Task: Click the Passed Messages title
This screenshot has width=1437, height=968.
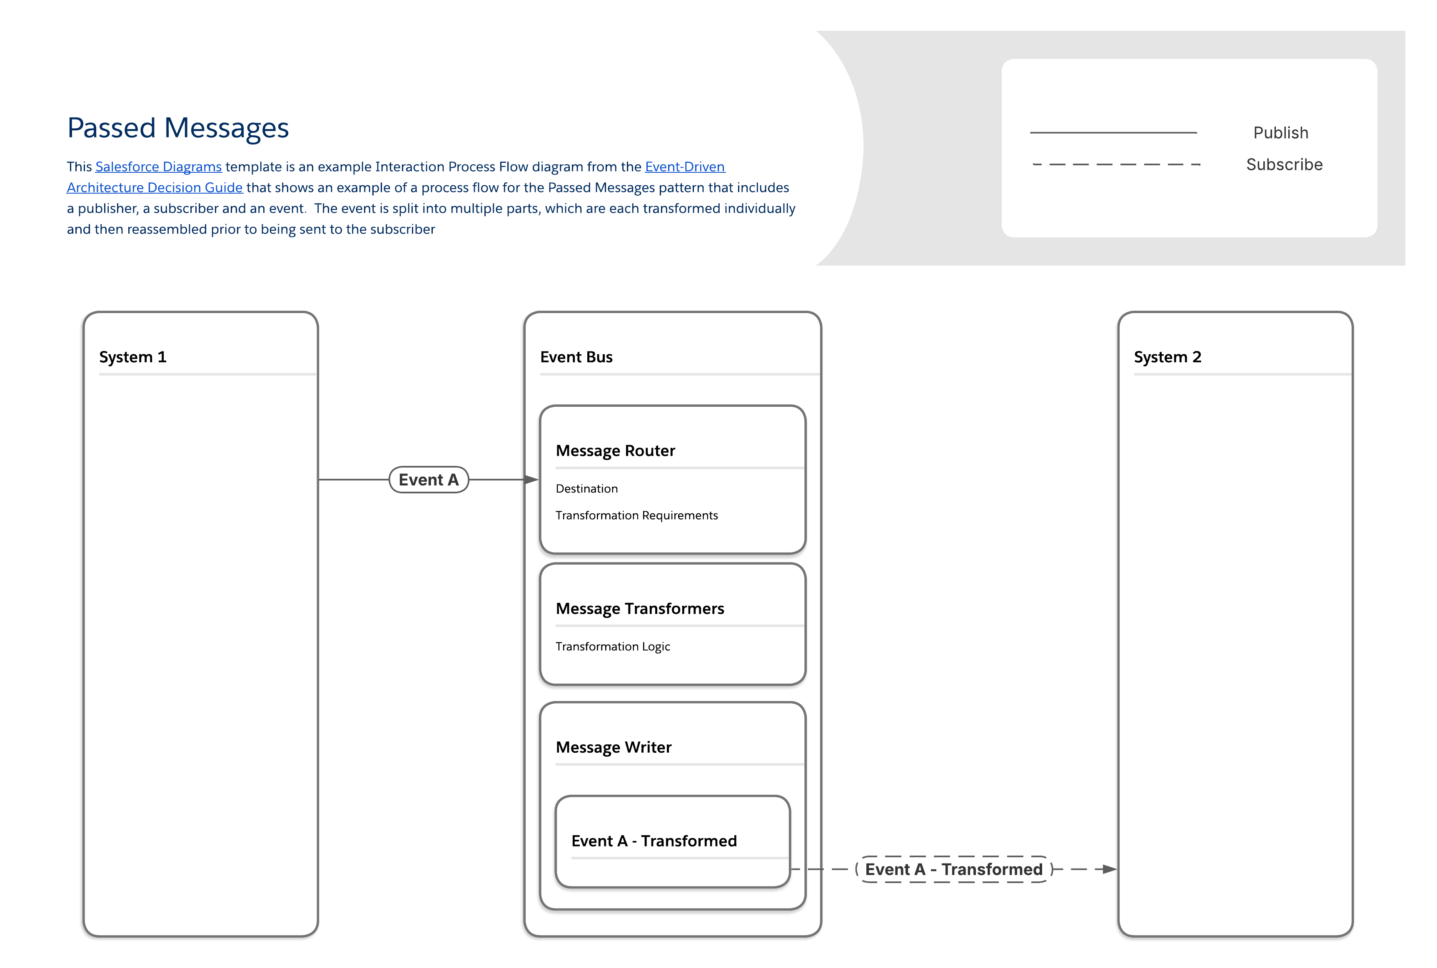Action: (x=178, y=128)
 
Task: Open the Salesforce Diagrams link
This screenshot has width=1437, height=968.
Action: (x=158, y=167)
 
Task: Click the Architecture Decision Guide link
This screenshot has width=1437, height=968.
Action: (x=155, y=188)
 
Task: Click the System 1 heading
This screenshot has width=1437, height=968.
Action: (x=133, y=357)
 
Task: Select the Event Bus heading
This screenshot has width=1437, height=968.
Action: (x=576, y=357)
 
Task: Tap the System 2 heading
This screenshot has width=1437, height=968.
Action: (x=1167, y=357)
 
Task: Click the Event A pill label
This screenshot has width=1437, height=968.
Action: (x=429, y=480)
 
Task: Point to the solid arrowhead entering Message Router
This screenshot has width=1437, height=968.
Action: (x=531, y=480)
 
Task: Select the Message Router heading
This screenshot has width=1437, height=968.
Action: (x=615, y=450)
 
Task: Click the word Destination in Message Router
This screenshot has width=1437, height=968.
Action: (x=586, y=489)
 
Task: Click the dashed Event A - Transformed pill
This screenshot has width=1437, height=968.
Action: (x=953, y=869)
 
